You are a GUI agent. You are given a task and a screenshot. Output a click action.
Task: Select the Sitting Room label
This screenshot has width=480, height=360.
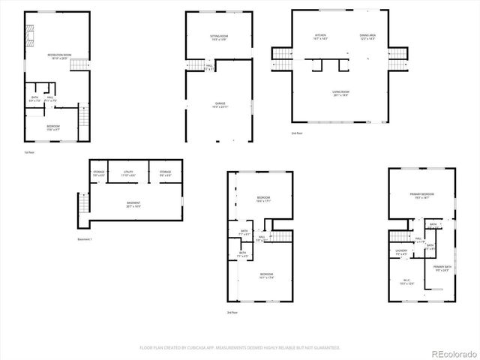coord(218,37)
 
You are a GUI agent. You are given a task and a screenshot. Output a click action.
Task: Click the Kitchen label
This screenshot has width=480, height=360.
coord(319,37)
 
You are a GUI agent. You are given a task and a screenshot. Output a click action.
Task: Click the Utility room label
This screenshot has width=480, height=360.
coord(127,173)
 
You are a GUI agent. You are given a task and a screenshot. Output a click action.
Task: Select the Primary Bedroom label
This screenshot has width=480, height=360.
coord(422,195)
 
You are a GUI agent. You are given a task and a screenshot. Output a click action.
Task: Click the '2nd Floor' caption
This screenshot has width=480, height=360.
coord(298,133)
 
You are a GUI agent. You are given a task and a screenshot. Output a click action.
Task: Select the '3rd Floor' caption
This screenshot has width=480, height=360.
coord(233,312)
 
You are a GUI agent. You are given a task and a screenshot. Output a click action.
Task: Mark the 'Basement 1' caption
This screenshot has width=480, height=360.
coord(85,239)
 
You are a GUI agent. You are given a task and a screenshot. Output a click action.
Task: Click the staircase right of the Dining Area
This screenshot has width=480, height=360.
coord(401,54)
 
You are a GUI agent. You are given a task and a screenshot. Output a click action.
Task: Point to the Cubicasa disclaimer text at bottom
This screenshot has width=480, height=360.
coord(239,348)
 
